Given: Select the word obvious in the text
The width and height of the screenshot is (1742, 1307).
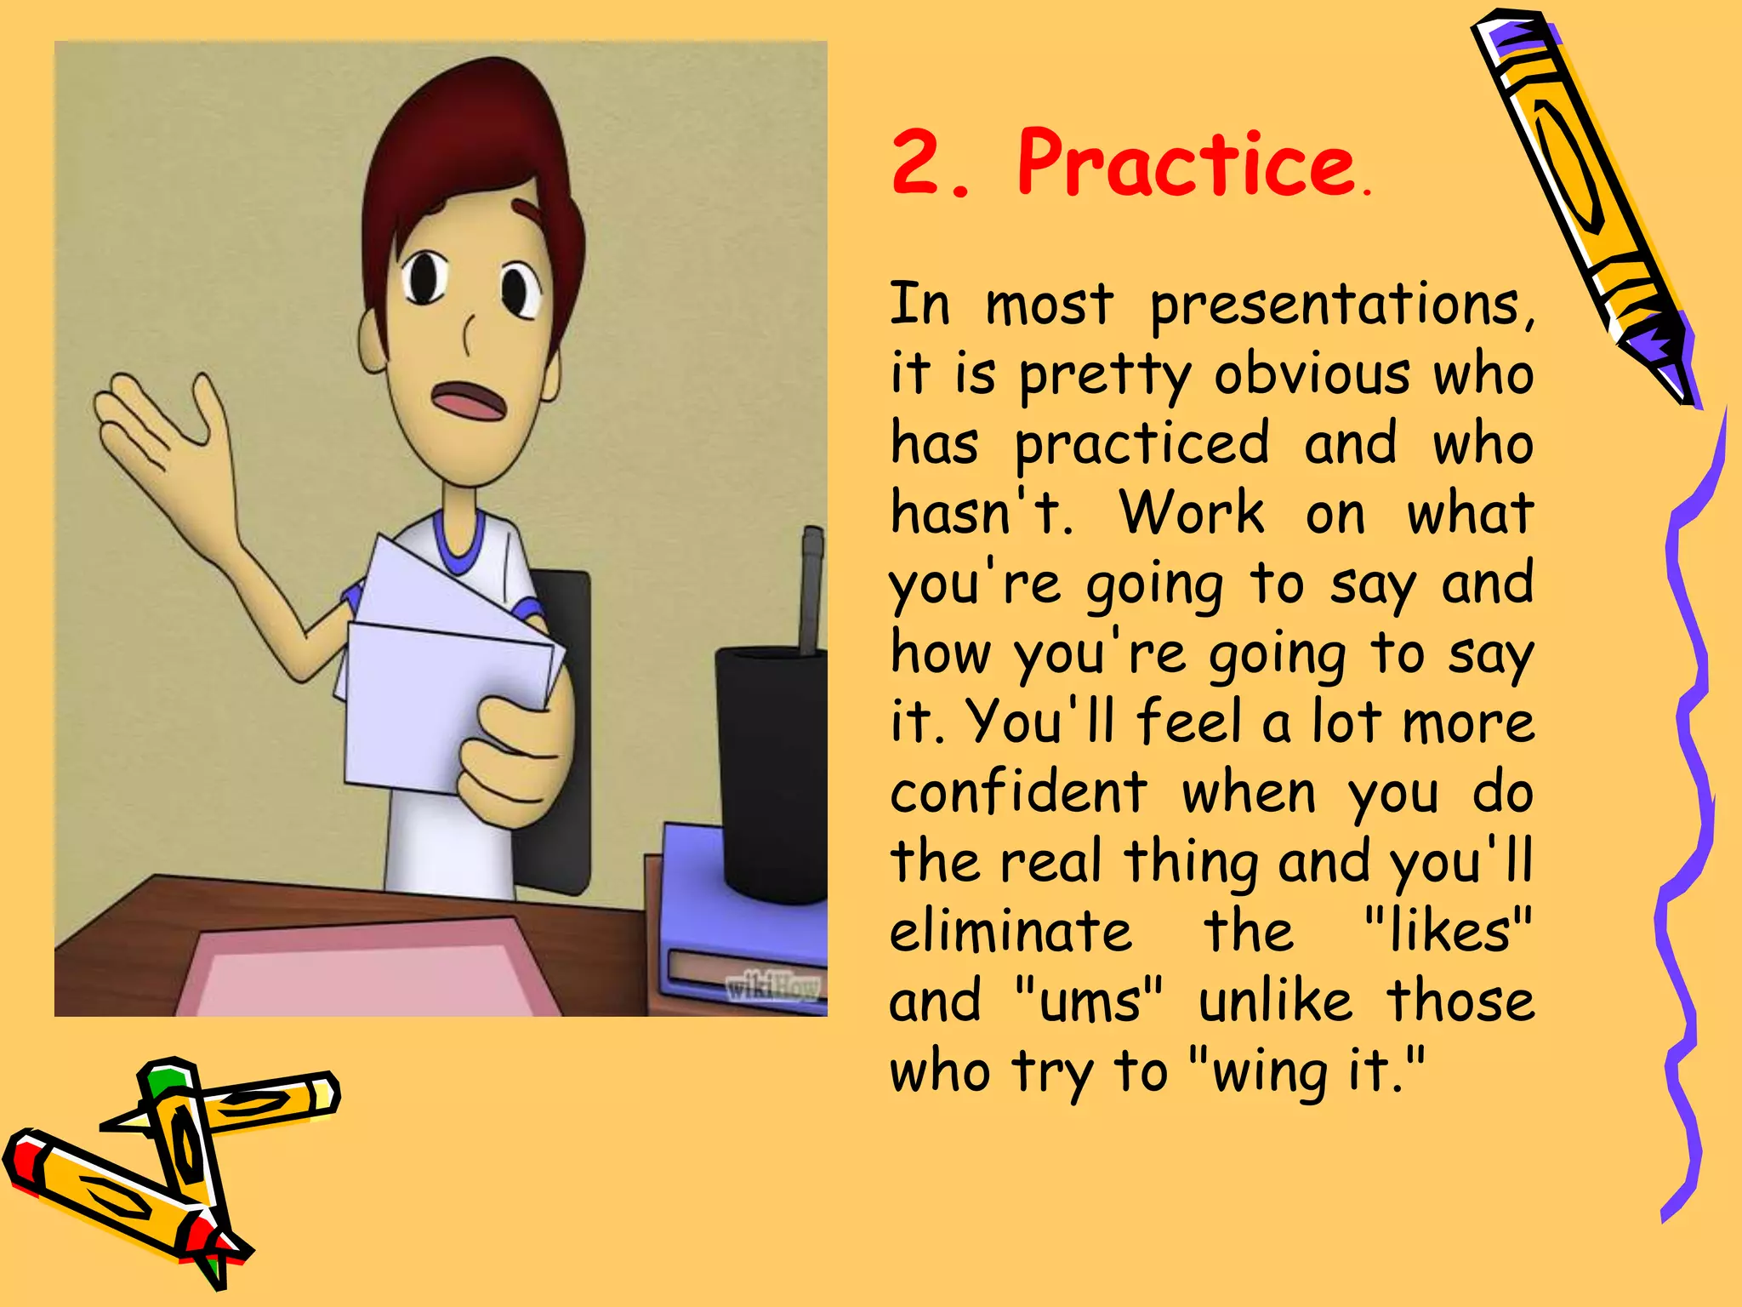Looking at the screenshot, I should [1311, 374].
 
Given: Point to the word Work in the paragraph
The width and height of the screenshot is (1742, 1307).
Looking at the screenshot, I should [1192, 513].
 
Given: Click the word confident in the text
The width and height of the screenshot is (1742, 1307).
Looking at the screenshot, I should [1019, 791].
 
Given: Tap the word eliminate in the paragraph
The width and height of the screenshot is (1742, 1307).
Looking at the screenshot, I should [1010, 931].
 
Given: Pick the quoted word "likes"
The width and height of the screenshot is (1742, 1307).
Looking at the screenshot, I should [1447, 931].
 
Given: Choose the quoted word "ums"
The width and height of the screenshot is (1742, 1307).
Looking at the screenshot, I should [1089, 1002].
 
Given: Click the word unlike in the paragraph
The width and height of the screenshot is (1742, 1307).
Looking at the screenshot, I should [1275, 1002].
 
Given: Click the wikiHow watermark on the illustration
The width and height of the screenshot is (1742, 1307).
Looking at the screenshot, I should [772, 987].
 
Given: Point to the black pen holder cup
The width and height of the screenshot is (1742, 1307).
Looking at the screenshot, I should [770, 766].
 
